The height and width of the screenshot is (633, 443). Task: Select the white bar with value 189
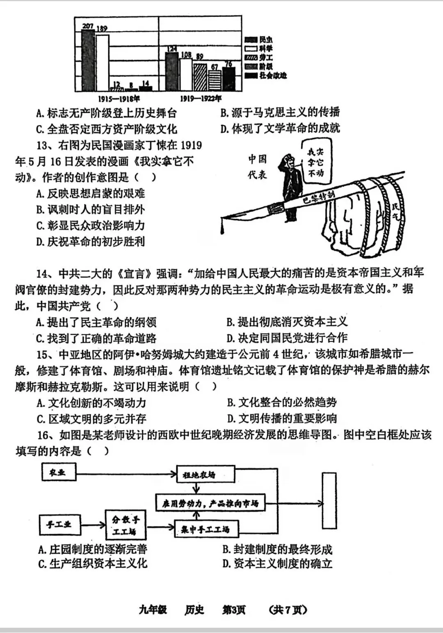(102, 62)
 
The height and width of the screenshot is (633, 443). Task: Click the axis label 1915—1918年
(119, 99)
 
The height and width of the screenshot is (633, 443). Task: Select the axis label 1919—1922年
(201, 99)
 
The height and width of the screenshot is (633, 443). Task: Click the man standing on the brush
(292, 185)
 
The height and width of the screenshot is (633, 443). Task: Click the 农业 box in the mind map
(59, 472)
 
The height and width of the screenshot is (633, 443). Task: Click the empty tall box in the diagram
(329, 500)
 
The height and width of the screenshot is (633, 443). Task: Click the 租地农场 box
(205, 475)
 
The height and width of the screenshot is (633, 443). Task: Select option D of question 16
(277, 564)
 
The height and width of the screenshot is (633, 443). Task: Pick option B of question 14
(287, 322)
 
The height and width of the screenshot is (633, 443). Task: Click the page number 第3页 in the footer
(234, 610)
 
